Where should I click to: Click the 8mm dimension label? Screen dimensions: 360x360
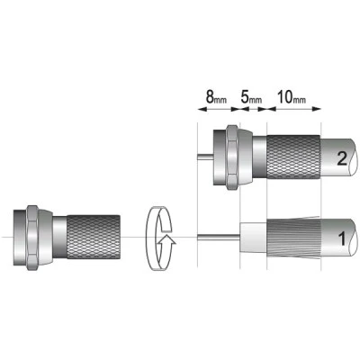216,97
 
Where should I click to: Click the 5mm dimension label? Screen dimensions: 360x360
251,97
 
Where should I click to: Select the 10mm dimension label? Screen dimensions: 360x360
291,97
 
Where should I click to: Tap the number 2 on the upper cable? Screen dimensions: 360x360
342,158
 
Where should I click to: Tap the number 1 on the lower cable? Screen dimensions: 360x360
342,239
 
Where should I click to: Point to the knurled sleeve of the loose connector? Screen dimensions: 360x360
94,237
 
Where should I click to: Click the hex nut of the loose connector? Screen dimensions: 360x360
32,238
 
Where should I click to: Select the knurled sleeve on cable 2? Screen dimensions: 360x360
293,157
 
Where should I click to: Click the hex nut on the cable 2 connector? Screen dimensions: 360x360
232,157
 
